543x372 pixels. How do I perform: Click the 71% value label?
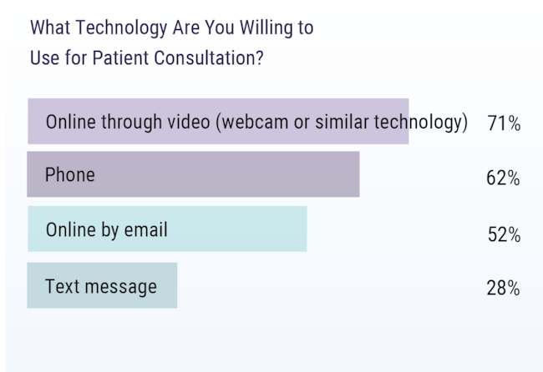tap(504, 123)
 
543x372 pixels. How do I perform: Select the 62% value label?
tap(503, 178)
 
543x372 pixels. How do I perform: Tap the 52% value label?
tap(504, 234)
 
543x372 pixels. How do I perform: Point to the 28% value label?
tap(503, 288)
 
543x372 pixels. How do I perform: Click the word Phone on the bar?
tap(70, 174)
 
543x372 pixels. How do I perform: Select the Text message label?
tap(101, 287)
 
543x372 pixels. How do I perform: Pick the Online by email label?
tap(107, 230)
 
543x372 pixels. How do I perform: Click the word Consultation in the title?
tap(209, 58)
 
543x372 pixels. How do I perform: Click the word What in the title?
tap(50, 28)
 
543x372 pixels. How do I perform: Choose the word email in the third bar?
tap(146, 229)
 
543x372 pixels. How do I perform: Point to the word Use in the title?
tap(44, 58)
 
